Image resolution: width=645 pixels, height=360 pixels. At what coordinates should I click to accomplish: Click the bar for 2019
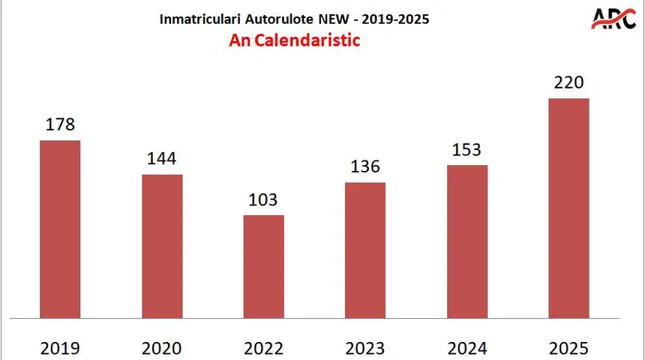pyautogui.click(x=60, y=229)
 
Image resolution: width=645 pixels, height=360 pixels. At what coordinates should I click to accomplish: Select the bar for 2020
pyautogui.click(x=162, y=246)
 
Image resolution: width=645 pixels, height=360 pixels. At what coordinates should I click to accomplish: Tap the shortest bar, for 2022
pyautogui.click(x=264, y=266)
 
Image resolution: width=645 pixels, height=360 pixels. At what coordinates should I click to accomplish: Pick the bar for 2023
pyautogui.click(x=365, y=250)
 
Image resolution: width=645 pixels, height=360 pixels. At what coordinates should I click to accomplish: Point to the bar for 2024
pyautogui.click(x=467, y=241)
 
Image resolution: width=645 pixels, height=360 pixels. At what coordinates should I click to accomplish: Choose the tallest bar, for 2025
pyautogui.click(x=568, y=208)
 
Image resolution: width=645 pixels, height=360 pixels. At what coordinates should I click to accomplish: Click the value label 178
pyautogui.click(x=60, y=124)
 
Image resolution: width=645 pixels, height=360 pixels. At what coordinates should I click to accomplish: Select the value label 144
pyautogui.click(x=162, y=158)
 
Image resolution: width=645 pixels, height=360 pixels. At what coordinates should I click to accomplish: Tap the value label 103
pyautogui.click(x=263, y=199)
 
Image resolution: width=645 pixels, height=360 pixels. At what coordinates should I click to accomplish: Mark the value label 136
pyautogui.click(x=365, y=166)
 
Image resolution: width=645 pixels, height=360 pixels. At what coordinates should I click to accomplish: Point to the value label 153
pyautogui.click(x=467, y=149)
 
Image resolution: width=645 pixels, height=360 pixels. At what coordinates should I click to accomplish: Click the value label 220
pyautogui.click(x=568, y=82)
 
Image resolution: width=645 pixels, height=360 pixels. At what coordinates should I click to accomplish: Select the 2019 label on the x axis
pyautogui.click(x=60, y=348)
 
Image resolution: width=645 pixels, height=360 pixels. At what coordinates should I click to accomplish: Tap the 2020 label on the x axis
pyautogui.click(x=162, y=348)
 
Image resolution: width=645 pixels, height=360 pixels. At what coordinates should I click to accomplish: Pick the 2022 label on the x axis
pyautogui.click(x=264, y=348)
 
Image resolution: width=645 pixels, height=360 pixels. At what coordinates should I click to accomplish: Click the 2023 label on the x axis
pyautogui.click(x=365, y=348)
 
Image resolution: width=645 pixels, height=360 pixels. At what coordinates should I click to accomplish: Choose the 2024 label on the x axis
pyautogui.click(x=467, y=348)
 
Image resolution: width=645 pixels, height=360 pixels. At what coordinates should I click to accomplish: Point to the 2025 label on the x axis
pyautogui.click(x=568, y=348)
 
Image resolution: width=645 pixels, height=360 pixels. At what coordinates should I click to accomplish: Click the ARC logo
pyautogui.click(x=613, y=18)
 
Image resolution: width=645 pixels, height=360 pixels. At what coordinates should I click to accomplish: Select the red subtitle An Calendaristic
pyautogui.click(x=294, y=40)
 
